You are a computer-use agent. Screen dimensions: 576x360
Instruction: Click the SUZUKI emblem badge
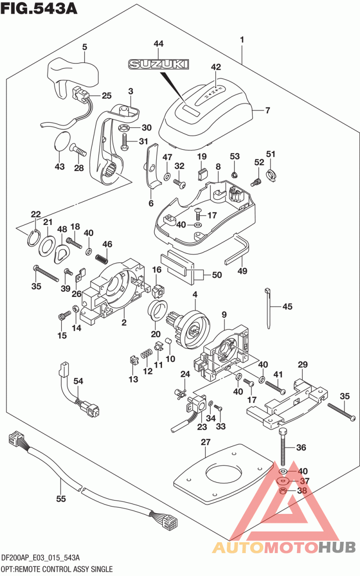click(x=158, y=65)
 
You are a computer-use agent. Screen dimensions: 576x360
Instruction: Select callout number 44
click(x=158, y=44)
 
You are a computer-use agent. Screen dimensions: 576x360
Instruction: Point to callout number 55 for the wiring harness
click(x=61, y=499)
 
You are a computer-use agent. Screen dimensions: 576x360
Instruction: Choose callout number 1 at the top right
click(x=242, y=40)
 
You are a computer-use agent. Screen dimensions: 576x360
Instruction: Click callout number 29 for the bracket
click(x=302, y=364)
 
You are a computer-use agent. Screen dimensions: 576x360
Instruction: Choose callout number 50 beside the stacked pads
click(x=217, y=274)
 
